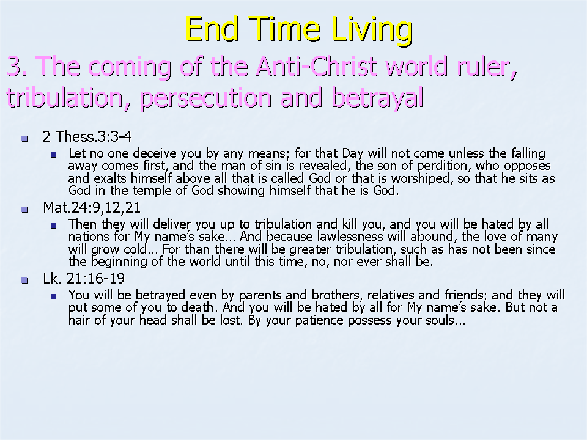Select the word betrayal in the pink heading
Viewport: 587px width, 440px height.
coord(378,97)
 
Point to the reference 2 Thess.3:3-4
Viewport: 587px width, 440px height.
coord(87,136)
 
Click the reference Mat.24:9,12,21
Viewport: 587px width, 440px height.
coord(92,207)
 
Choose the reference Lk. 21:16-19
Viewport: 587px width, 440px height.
coord(84,279)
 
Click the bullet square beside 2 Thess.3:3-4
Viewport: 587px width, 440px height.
coord(24,139)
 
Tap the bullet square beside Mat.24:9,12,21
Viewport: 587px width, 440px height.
coord(24,210)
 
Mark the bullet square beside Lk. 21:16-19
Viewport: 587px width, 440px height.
coord(24,280)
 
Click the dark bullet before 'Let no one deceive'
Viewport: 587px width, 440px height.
coord(54,155)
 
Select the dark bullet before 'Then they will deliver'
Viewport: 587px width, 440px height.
coord(54,226)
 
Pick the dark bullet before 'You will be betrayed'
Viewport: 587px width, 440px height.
coord(54,297)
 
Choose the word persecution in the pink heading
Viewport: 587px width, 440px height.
coord(205,98)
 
